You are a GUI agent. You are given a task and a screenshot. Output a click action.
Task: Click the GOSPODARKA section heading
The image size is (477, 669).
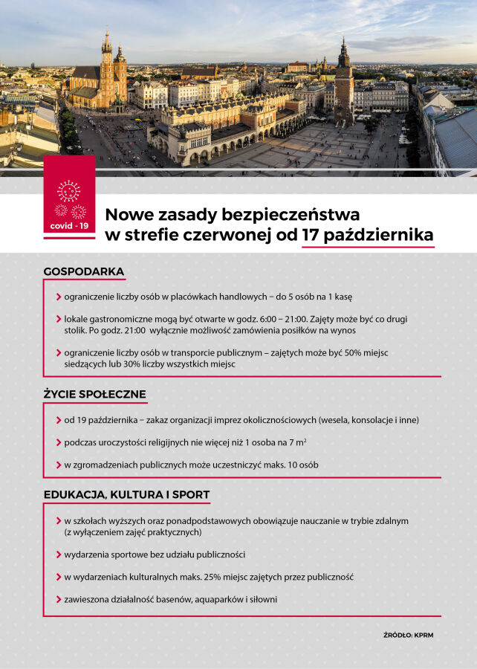(x=84, y=271)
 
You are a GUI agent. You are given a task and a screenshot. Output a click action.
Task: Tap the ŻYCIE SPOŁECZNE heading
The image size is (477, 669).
(x=94, y=394)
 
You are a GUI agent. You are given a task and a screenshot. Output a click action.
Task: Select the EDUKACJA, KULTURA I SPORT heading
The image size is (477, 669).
(x=126, y=494)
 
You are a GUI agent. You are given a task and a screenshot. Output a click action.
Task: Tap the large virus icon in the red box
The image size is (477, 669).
(x=69, y=191)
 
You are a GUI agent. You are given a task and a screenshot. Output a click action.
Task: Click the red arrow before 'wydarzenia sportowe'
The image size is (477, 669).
(x=59, y=555)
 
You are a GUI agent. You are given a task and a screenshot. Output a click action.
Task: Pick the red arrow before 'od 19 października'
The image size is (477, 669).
(x=59, y=420)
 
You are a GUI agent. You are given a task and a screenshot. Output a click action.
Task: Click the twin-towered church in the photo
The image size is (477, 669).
(x=111, y=71)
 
